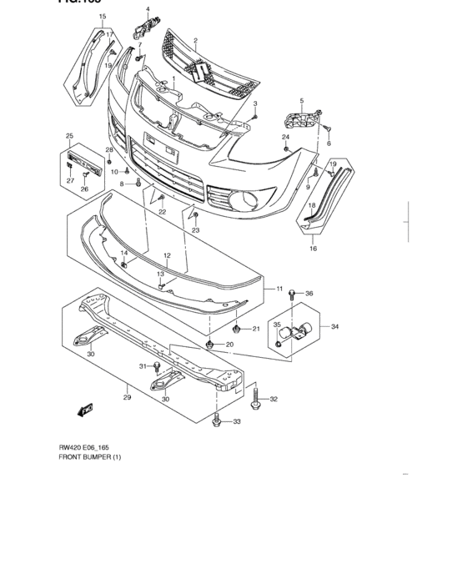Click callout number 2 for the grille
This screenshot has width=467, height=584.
(x=195, y=40)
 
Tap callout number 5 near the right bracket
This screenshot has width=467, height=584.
(x=301, y=101)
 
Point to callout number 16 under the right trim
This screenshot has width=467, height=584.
(x=314, y=249)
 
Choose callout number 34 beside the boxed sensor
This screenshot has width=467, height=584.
(x=334, y=326)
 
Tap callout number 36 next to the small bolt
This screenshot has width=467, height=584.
(x=309, y=294)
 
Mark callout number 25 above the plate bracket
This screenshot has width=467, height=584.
(x=69, y=136)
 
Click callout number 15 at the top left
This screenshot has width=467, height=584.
(x=103, y=17)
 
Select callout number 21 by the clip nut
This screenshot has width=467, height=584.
(x=257, y=329)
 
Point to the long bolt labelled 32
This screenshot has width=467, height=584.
(x=255, y=396)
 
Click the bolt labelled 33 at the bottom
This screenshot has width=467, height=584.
(x=217, y=421)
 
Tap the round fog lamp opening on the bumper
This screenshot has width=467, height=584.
(x=249, y=200)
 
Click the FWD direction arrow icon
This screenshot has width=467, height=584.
(x=84, y=410)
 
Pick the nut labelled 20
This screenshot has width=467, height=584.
(x=209, y=344)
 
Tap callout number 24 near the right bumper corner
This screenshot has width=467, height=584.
(x=285, y=137)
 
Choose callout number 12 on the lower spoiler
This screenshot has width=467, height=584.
(x=167, y=255)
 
